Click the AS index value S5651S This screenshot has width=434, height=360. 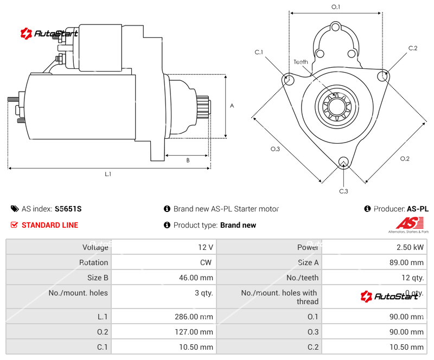click(68, 209)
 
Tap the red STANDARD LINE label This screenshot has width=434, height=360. click(49, 225)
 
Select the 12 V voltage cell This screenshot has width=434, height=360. click(205, 247)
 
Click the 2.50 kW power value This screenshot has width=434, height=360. click(410, 247)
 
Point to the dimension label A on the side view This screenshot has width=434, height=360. click(232, 106)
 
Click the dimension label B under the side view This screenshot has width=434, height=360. click(188, 160)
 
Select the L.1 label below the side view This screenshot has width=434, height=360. click(108, 174)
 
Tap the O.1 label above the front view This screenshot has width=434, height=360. click(336, 7)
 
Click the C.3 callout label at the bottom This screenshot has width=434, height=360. click(343, 191)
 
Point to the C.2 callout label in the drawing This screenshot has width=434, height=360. click(413, 48)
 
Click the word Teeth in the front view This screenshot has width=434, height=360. click(301, 62)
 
